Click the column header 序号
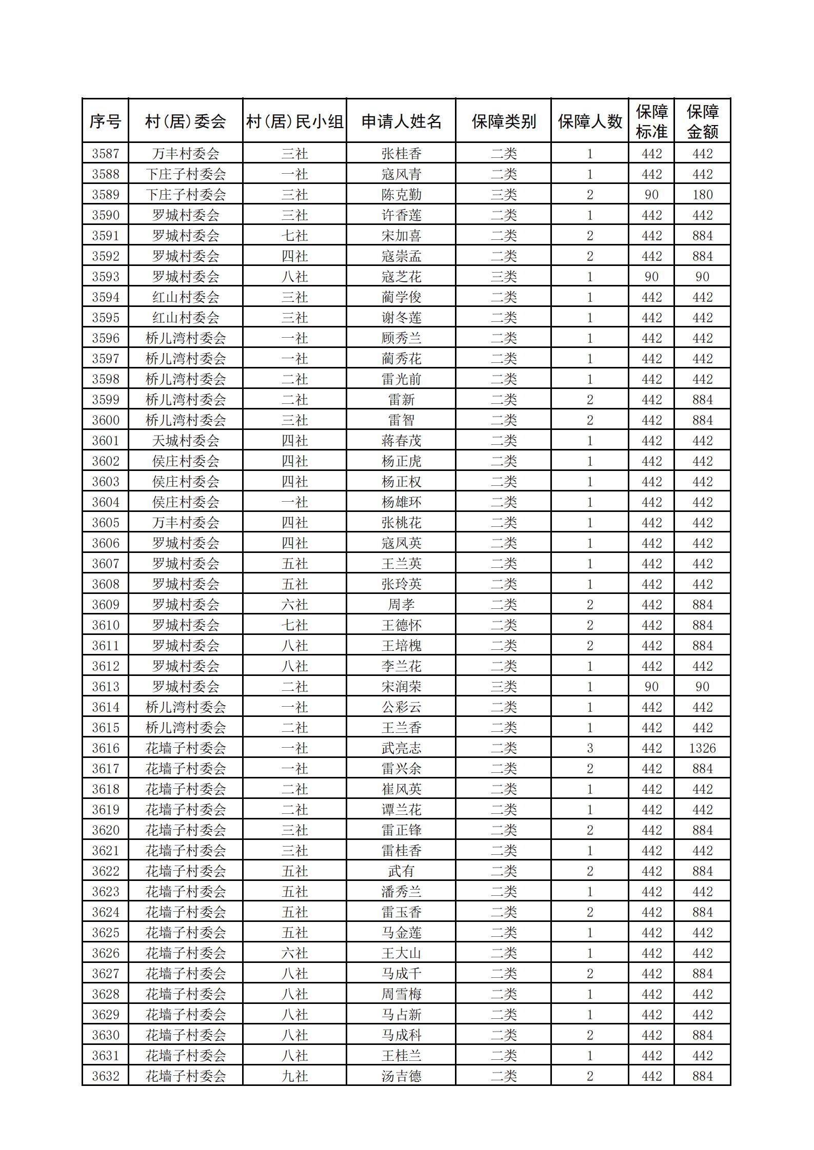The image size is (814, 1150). [105, 121]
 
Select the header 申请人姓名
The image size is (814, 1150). [401, 121]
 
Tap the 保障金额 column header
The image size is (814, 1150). [702, 121]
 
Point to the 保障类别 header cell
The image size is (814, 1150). [503, 121]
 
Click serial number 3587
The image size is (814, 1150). [105, 153]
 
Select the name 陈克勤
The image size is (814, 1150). [401, 195]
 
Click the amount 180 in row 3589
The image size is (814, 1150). [702, 195]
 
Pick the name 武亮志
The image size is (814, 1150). [401, 748]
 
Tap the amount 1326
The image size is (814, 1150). [702, 748]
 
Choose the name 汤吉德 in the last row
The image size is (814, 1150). [401, 1076]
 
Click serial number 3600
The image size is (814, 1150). [105, 420]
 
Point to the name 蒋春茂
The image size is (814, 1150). [401, 441]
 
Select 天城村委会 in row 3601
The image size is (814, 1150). [185, 441]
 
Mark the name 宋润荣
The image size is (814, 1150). [401, 687]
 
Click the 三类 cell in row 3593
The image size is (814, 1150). [503, 277]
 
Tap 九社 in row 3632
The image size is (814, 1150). [294, 1076]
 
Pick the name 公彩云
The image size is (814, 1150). [401, 707]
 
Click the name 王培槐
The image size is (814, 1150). [401, 646]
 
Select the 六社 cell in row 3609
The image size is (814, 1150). [294, 605]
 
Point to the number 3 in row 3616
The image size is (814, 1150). [590, 748]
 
